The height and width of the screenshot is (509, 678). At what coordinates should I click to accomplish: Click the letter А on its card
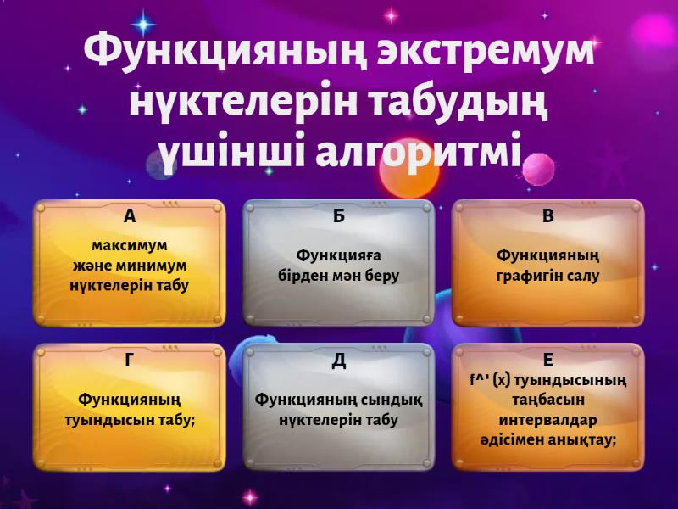point(130,216)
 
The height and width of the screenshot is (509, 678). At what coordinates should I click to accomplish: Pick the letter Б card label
point(339,216)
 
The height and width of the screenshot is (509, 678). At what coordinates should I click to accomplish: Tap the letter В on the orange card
point(548,216)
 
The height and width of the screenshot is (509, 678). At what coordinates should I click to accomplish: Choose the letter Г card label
point(130,361)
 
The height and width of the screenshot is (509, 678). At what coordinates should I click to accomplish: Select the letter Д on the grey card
point(339,361)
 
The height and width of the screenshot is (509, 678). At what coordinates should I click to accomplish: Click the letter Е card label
point(548,361)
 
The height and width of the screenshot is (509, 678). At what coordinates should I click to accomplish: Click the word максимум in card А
point(130,246)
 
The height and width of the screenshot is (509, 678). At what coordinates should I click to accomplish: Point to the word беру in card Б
point(381,276)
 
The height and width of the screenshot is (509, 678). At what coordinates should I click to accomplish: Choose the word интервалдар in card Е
point(548,420)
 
